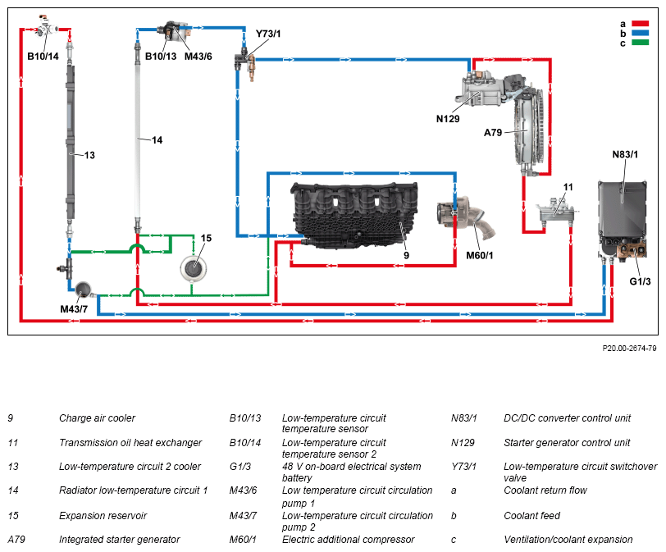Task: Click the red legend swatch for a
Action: [x=640, y=23]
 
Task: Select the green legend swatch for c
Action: [x=640, y=43]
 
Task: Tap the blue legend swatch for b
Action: [x=640, y=33]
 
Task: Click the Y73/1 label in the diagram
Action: [x=268, y=34]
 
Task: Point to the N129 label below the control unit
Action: [x=448, y=119]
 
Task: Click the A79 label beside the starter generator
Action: [x=493, y=133]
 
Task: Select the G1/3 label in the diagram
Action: [x=640, y=281]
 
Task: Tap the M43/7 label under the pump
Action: [x=74, y=308]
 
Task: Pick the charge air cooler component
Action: [x=354, y=214]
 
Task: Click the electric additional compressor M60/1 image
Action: [x=466, y=217]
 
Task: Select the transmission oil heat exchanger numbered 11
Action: [x=555, y=210]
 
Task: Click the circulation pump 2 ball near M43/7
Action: [x=84, y=290]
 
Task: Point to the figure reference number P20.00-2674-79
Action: [x=629, y=349]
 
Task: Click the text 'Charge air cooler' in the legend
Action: [x=97, y=418]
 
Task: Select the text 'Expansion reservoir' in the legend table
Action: [x=103, y=515]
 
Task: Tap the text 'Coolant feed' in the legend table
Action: [x=531, y=515]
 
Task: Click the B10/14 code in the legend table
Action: [x=245, y=442]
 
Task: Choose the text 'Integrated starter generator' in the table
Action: [x=120, y=540]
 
